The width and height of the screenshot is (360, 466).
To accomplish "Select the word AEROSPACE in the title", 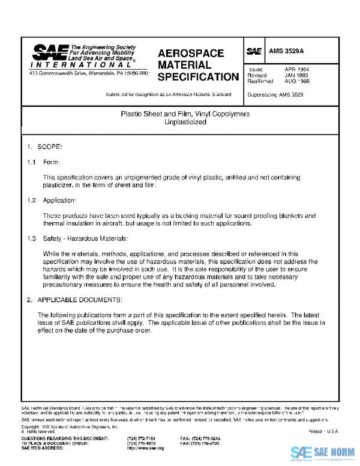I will pos(191,53).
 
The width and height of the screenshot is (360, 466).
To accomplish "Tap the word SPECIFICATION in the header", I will pos(198,77).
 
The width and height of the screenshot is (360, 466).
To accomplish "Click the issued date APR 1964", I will pos(296,70).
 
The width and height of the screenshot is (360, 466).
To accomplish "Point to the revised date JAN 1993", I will pos(296,76).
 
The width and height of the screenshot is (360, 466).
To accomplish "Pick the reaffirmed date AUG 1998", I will pos(296,81).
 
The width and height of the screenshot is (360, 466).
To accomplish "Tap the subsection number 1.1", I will pos(31,162).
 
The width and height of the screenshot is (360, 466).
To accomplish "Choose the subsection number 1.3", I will pos(31,238).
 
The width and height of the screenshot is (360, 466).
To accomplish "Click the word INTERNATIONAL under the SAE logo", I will pos(62,64).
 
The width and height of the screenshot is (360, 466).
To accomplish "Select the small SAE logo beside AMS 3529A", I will pos(253,52).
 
